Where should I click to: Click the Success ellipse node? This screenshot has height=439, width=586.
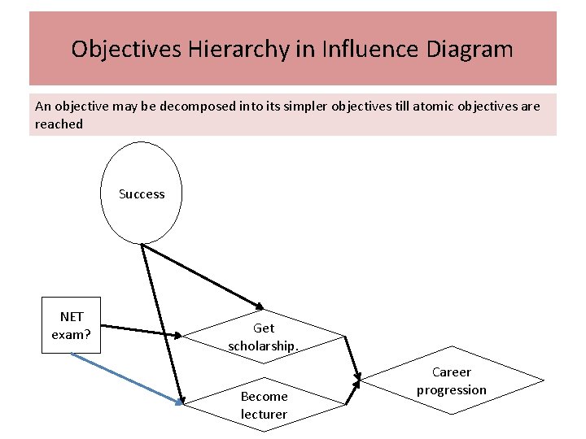coord(142,193)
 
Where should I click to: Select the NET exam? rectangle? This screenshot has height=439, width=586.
coord(71,325)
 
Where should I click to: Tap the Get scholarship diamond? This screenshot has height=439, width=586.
coord(264,337)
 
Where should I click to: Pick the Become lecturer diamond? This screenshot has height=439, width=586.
coord(264,405)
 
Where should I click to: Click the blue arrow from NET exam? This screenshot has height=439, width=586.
coord(126,377)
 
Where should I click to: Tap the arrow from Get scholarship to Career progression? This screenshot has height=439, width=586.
coord(351,358)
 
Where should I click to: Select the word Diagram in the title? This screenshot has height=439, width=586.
coord(470,50)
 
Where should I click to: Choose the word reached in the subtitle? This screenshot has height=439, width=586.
coord(59,124)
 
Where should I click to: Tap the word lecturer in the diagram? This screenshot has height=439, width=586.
coord(264,414)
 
